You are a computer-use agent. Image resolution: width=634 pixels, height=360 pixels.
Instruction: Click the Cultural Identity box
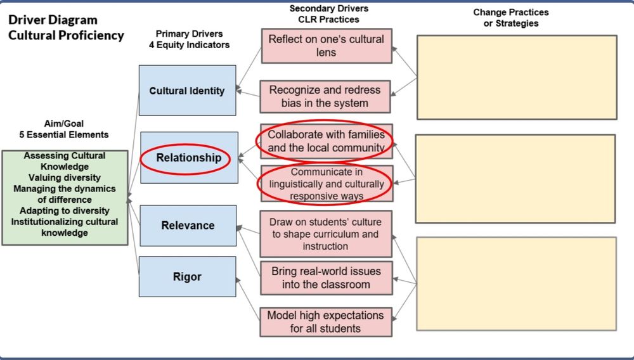coord(187,91)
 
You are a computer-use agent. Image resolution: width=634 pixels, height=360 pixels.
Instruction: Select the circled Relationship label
coord(189,158)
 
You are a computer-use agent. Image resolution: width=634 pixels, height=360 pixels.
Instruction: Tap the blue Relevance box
coord(188,226)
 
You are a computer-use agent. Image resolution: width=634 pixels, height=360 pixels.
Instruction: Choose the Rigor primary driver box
coord(187,276)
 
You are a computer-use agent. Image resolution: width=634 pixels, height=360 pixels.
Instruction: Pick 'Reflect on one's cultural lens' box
coord(326,46)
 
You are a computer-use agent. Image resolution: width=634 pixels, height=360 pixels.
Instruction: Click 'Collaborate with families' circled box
coord(326,141)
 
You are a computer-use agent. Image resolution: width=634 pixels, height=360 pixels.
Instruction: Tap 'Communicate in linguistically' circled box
coord(326,184)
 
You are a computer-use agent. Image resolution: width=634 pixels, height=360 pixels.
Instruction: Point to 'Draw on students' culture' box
coord(326,234)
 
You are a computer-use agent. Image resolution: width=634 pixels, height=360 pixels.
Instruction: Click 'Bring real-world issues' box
coord(326,278)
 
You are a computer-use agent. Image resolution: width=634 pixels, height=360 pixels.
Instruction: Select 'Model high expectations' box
coord(326,321)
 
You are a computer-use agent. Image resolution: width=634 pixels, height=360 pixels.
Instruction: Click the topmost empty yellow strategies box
coord(516,77)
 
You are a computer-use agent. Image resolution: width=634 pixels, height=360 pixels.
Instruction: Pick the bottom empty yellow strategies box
coord(516,283)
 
